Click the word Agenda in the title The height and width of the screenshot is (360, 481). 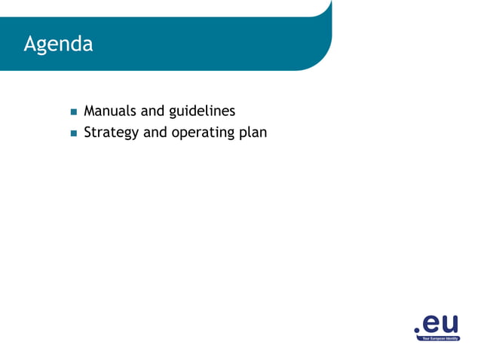58,44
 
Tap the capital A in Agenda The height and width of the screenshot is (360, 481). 30,44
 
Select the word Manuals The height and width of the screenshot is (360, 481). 110,111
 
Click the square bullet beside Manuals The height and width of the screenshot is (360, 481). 74,112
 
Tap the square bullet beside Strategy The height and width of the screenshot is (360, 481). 74,134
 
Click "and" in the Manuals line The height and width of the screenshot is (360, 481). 153,111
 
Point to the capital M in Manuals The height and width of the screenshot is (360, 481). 90,111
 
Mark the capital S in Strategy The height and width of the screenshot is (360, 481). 87,133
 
